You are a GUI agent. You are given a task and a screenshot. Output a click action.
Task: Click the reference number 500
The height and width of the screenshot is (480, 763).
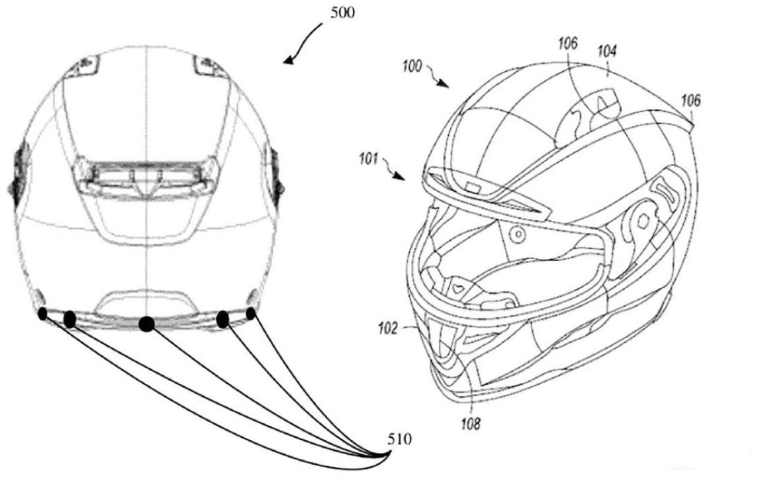click(x=343, y=13)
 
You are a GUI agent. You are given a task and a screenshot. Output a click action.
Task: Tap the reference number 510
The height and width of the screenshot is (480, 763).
click(x=399, y=439)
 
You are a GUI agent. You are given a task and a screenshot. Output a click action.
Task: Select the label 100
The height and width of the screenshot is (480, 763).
click(x=412, y=66)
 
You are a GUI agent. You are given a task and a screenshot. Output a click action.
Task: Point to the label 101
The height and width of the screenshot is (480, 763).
click(x=368, y=159)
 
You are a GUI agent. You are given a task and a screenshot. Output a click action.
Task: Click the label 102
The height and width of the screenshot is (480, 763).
click(x=388, y=329)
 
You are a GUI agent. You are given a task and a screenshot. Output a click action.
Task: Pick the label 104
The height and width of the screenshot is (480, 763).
click(x=607, y=51)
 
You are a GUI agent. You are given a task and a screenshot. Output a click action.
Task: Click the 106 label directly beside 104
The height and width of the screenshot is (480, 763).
click(x=568, y=44)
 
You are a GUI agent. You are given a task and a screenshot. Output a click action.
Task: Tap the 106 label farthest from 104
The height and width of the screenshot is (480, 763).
click(x=690, y=101)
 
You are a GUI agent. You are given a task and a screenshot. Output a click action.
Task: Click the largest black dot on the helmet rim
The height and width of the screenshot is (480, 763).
click(x=147, y=323)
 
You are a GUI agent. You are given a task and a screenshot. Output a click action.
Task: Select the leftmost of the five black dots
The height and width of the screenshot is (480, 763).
click(x=43, y=314)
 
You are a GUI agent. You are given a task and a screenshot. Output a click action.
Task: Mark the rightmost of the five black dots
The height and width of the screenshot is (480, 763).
click(x=251, y=314)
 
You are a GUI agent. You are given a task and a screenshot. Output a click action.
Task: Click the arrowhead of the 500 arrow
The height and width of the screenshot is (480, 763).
click(x=288, y=61)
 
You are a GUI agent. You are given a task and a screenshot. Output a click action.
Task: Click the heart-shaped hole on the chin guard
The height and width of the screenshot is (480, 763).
click(x=457, y=287)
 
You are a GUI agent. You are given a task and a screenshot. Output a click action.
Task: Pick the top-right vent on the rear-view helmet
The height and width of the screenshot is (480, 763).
click(x=209, y=65)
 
